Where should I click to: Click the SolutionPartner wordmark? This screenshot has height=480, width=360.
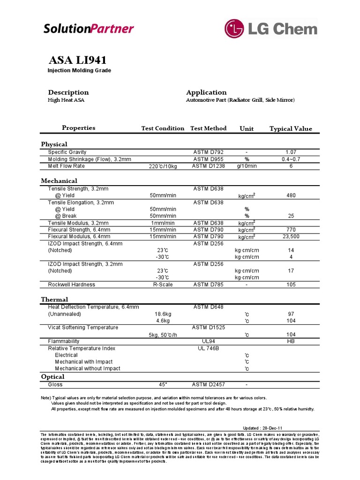click(89, 29)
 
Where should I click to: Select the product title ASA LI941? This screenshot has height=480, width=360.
click(78, 60)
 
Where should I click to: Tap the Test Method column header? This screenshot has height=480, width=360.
click(208, 128)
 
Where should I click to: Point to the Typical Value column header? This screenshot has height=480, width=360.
click(291, 129)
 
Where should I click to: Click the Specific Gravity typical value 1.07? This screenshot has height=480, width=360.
click(291, 152)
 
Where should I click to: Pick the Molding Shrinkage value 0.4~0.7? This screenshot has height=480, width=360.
click(291, 159)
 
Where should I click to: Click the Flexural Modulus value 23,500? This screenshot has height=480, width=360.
click(291, 237)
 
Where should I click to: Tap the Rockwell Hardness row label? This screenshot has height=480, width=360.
click(71, 285)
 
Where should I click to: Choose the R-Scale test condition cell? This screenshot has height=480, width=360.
click(163, 285)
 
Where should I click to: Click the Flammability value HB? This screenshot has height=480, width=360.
click(291, 341)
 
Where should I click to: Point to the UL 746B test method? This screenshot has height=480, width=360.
click(209, 348)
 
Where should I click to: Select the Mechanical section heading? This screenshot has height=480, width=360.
click(59, 180)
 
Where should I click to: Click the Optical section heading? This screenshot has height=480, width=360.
click(52, 376)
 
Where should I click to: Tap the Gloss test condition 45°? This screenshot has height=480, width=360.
click(163, 384)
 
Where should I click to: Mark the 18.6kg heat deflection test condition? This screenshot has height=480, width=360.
click(163, 314)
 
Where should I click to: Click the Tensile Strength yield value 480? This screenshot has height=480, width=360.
click(291, 195)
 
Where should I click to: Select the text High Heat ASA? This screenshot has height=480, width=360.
click(66, 100)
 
